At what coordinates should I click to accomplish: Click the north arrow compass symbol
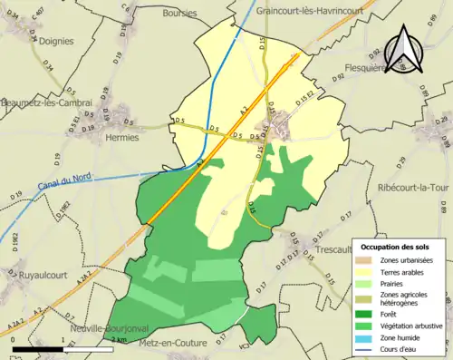point(404,48)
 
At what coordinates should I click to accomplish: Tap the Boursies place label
point(179,14)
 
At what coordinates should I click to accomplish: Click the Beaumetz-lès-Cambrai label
point(47,103)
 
